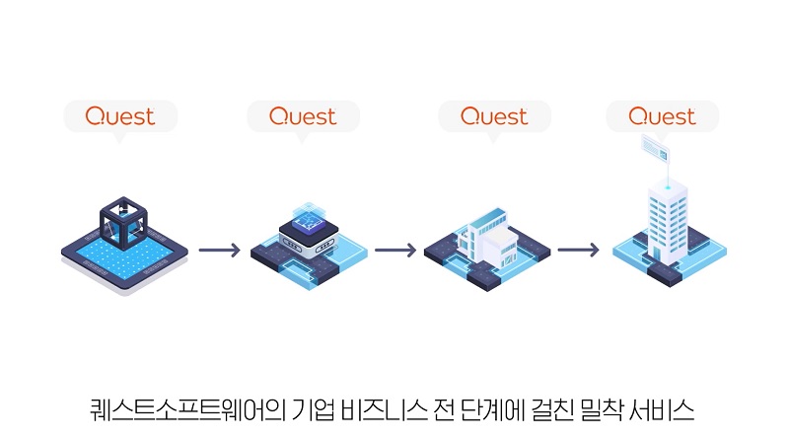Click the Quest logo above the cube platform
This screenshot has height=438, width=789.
tap(120, 116)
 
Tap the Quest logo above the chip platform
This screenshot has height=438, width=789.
tap(303, 116)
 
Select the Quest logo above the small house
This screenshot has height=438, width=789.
tap(494, 116)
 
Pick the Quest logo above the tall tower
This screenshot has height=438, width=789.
tap(662, 116)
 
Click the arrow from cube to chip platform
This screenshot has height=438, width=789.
tap(219, 250)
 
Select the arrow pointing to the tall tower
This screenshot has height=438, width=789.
tap(577, 250)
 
